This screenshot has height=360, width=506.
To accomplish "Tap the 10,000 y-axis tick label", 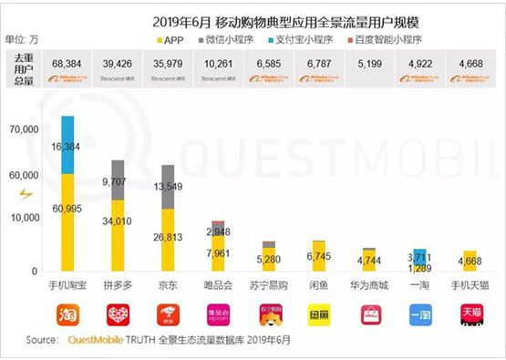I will (x=23, y=219).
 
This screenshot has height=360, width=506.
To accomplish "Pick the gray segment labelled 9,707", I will (x=118, y=180).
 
